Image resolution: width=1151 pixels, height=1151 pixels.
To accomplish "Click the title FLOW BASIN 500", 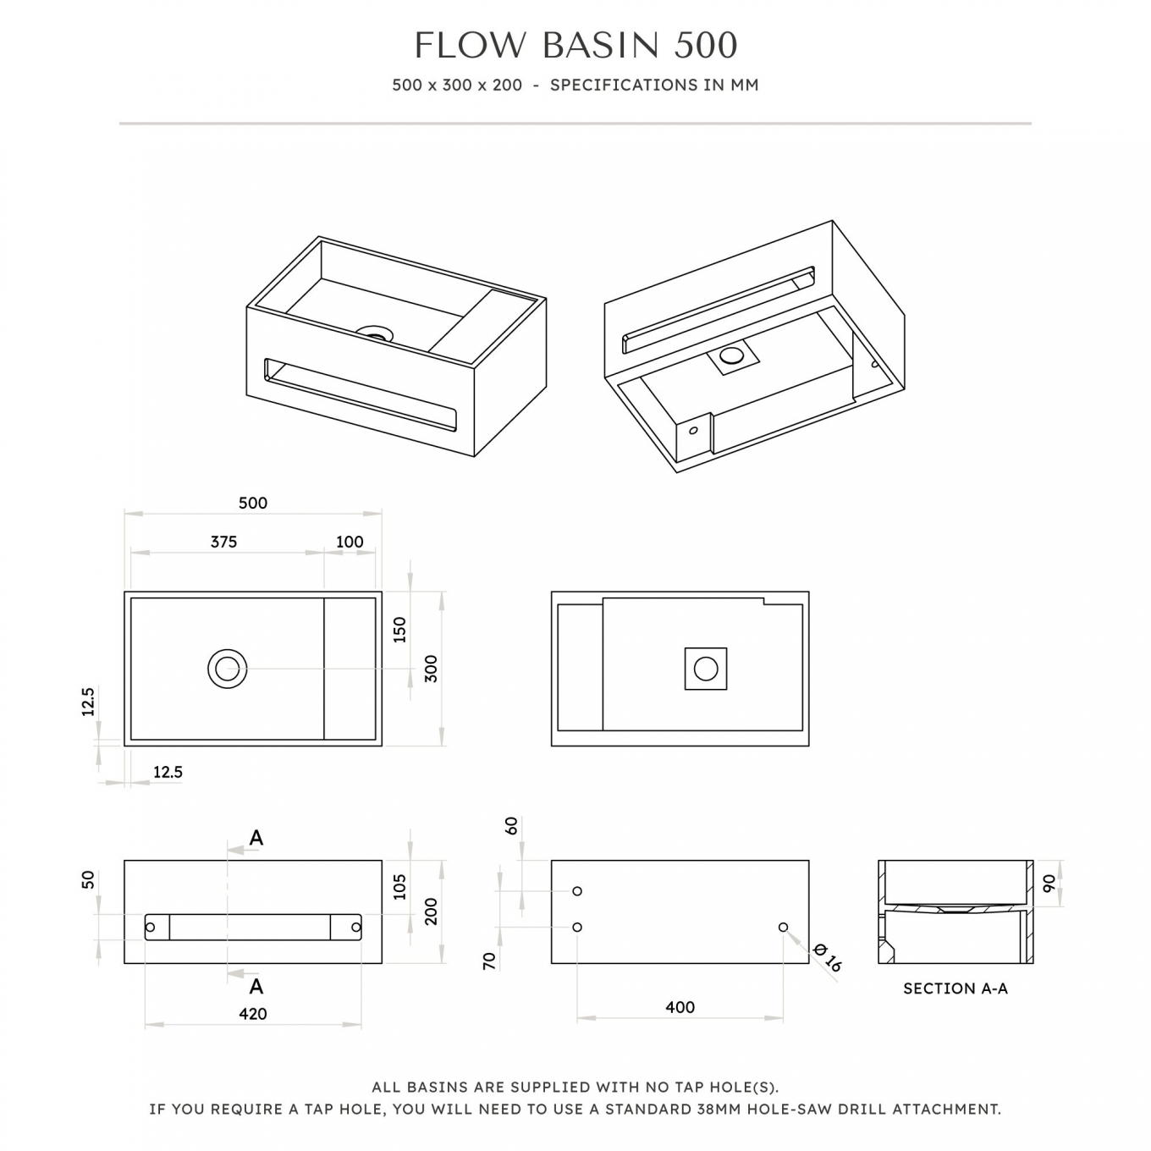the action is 575,46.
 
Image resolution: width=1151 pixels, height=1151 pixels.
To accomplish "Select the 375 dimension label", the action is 224,542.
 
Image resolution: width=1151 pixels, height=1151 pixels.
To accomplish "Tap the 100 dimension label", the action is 350,542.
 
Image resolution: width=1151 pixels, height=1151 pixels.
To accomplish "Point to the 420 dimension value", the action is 253,1014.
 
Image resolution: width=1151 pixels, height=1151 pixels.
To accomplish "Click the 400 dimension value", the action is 680,1007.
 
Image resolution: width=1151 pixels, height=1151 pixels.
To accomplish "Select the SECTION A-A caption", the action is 955,989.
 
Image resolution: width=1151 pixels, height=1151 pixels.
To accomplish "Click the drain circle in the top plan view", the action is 227,669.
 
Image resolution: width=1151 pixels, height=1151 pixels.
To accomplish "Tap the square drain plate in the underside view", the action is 706,669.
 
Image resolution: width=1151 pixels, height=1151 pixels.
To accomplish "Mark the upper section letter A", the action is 256,838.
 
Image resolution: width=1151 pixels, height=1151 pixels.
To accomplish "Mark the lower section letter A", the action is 256,986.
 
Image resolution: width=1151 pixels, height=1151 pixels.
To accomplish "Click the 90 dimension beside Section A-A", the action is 1049,884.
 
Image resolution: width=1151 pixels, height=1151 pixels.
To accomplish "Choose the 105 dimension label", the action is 399,887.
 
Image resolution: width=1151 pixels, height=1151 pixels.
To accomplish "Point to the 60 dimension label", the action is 512,826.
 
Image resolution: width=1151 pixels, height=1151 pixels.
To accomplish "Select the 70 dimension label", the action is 489,961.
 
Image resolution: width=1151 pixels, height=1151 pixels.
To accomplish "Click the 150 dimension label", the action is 399,631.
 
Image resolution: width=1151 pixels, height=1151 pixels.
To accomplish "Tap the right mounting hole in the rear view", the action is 783,927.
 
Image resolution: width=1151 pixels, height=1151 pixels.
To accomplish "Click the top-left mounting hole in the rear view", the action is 577,891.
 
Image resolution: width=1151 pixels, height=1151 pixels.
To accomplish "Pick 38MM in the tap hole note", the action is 719,1110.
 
